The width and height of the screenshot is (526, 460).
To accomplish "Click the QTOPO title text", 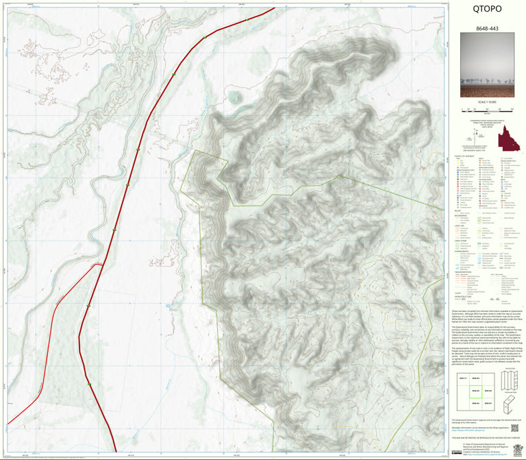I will click(488, 10).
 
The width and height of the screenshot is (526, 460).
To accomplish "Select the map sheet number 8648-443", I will click(488, 31).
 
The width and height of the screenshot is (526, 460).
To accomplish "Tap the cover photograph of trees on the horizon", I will click(488, 69).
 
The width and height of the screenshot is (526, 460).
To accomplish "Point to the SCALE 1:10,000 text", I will click(488, 102).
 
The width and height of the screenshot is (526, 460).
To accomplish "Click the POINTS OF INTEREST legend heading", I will click(463, 156).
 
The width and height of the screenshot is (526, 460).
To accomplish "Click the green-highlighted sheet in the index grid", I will click(473, 394).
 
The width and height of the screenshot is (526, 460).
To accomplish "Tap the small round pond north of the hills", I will click(236, 97).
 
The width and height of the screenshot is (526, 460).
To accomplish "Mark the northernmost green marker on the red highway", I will click(247, 19).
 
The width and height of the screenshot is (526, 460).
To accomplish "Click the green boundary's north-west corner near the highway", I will click(195, 150).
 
